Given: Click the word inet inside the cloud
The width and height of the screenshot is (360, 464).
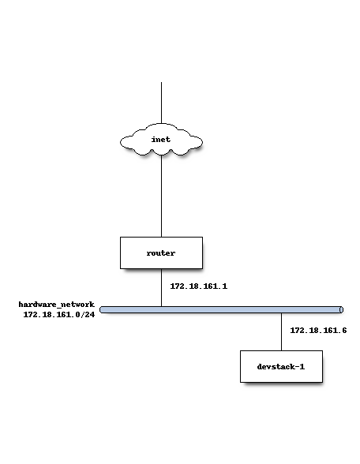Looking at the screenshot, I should click(x=161, y=140).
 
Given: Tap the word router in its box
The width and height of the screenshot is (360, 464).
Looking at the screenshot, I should click(x=161, y=253).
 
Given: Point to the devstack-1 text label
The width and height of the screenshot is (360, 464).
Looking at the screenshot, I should click(x=281, y=367).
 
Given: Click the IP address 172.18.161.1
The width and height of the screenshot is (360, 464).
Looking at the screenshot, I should click(x=199, y=286).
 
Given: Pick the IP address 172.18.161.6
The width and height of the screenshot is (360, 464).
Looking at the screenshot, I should click(x=319, y=331).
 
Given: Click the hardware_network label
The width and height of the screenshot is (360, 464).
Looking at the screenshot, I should click(x=57, y=305).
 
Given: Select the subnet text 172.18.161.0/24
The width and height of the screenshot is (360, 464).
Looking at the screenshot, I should click(x=59, y=315).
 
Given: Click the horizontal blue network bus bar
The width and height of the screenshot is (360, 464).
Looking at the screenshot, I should click(x=221, y=309).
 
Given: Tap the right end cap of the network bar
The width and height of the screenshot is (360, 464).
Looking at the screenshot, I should click(x=340, y=309).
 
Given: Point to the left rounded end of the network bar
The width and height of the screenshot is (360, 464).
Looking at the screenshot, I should click(x=103, y=309).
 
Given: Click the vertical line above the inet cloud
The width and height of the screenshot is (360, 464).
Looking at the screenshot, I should click(x=161, y=103).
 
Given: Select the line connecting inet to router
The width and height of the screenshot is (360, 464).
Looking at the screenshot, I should click(x=161, y=197).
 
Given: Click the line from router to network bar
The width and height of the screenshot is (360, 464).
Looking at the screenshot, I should click(x=161, y=288).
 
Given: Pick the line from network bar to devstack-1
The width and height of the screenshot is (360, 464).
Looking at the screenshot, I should click(x=281, y=331).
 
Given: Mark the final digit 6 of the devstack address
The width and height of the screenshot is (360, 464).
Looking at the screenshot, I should click(x=344, y=331).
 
